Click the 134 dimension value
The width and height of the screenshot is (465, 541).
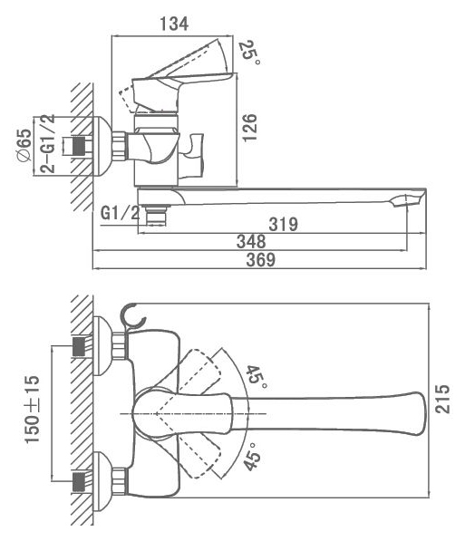tap(174, 24)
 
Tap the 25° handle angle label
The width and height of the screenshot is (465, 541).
tap(249, 53)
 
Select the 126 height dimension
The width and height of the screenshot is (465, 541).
tap(249, 127)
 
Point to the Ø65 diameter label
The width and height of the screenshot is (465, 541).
tap(24, 145)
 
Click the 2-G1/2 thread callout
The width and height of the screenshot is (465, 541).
tap(47, 143)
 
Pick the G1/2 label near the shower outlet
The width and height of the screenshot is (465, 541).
tap(120, 213)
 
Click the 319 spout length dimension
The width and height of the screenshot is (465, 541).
tap(283, 224)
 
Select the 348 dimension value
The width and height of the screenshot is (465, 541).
tap(251, 241)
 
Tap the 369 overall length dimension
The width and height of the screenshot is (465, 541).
tap(261, 259)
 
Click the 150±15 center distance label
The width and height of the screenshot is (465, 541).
tap(32, 410)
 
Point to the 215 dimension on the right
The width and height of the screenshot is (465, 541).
tap(442, 399)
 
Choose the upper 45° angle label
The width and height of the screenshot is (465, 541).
tap(257, 376)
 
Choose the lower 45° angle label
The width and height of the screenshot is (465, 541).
tap(252, 457)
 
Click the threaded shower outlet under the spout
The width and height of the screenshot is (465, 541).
tap(156, 215)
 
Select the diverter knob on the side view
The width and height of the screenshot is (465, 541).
tap(191, 155)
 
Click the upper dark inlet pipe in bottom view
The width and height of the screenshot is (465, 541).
tap(79, 346)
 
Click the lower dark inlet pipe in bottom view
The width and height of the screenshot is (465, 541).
tap(79, 482)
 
